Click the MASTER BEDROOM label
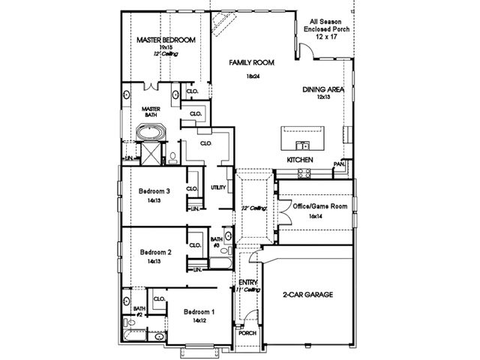[165, 39]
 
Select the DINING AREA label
[323, 89]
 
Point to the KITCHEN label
[299, 161]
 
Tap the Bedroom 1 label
[199, 311]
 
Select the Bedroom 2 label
[155, 253]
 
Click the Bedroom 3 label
[155, 191]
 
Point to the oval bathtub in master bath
[151, 133]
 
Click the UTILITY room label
[218, 187]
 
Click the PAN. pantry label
[339, 163]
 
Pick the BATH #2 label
[139, 311]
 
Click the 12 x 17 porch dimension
[323, 37]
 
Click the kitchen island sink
[302, 145]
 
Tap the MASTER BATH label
[152, 112]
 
